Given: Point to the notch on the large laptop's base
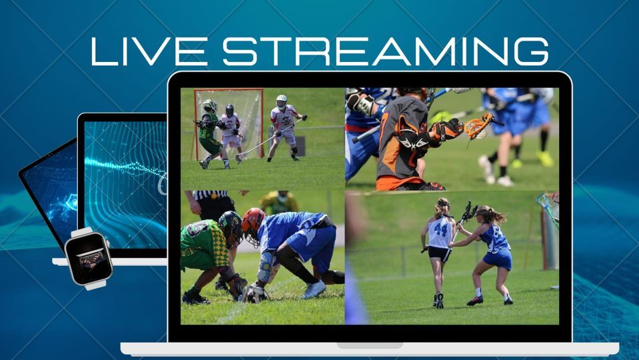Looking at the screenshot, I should pyautogui.click(x=369, y=345).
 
